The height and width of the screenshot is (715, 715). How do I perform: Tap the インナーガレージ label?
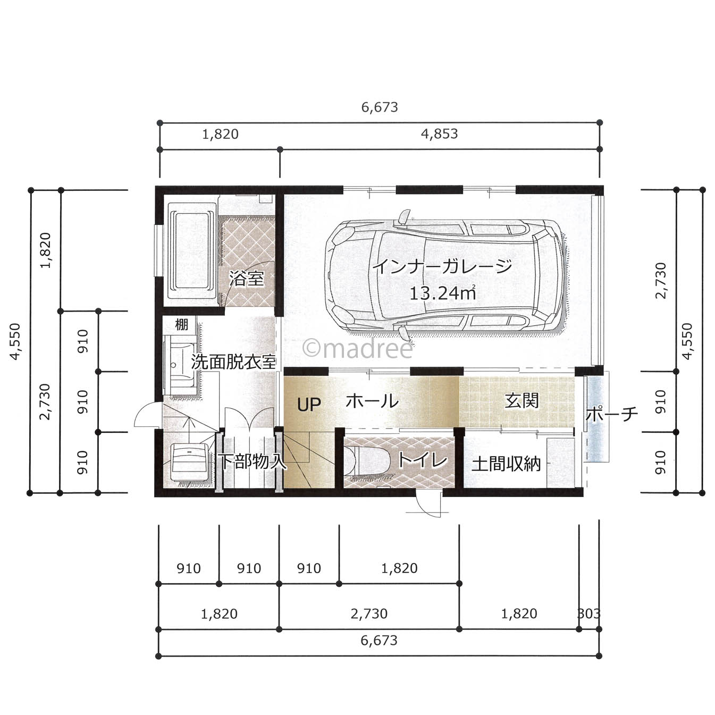pyautogui.click(x=443, y=266)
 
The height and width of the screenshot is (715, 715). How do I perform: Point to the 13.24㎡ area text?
pyautogui.click(x=442, y=293)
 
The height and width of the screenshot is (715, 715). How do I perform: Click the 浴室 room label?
pyautogui.click(x=246, y=278)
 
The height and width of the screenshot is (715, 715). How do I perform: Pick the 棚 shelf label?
pyautogui.click(x=181, y=324)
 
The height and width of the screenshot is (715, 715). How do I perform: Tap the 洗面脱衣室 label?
pyautogui.click(x=233, y=362)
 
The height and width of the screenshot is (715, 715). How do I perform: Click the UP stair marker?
pyautogui.click(x=309, y=405)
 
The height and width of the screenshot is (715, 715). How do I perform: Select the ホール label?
pyautogui.click(x=372, y=401)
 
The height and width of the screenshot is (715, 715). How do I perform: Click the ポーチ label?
pyautogui.click(x=612, y=414)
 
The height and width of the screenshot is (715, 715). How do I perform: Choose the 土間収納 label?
pyautogui.click(x=506, y=464)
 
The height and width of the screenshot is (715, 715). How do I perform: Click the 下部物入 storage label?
pyautogui.click(x=253, y=461)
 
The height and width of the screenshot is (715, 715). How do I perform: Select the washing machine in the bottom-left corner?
pyautogui.click(x=190, y=462)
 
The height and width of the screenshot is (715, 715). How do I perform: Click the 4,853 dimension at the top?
pyautogui.click(x=439, y=133)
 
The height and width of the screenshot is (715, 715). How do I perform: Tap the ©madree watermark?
pyautogui.click(x=358, y=349)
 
